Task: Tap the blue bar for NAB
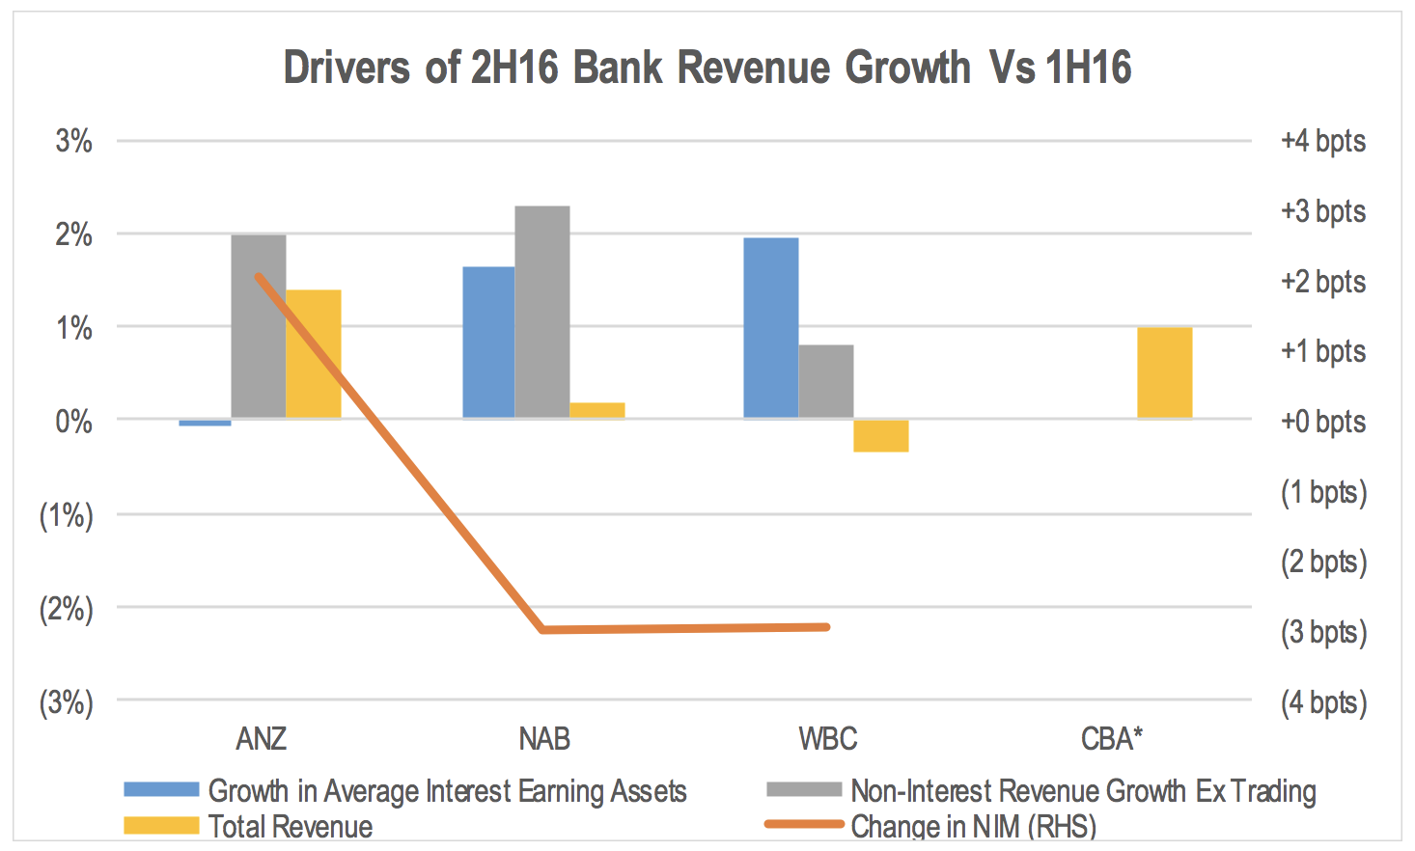click(488, 342)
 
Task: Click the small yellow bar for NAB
click(597, 410)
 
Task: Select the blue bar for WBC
click(770, 327)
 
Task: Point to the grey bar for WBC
click(825, 381)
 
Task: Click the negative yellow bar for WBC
click(880, 435)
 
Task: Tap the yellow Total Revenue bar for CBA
click(1164, 372)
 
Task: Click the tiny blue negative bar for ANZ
click(205, 422)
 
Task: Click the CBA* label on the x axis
click(1111, 739)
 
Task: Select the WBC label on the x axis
click(827, 739)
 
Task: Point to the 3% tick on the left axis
click(74, 141)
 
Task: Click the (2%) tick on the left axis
click(66, 609)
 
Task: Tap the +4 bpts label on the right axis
click(1322, 141)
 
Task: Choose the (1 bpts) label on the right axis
click(1323, 492)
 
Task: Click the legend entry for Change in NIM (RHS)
click(973, 826)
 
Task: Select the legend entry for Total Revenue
click(290, 826)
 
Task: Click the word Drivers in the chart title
click(347, 68)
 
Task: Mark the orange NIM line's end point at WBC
click(827, 627)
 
